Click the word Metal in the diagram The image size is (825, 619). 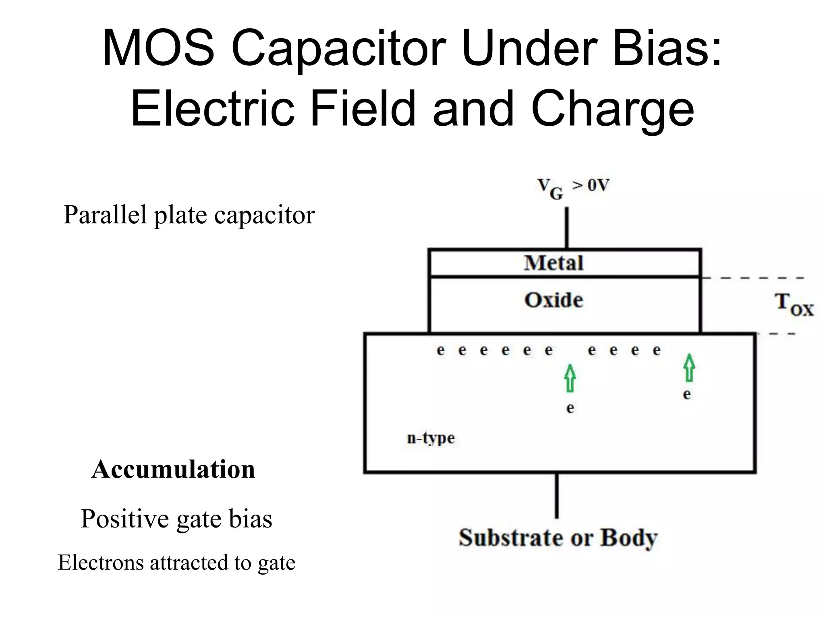553,263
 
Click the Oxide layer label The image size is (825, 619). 553,300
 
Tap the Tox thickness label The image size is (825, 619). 794,305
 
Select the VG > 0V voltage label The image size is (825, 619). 573,188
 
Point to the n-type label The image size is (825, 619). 431,438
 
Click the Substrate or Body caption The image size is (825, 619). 558,538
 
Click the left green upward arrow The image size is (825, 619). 570,378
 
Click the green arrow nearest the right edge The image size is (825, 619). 689,368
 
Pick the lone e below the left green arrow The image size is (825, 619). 570,408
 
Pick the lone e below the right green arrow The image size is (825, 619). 687,394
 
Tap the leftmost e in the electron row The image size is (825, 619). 441,350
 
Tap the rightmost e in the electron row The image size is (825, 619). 657,350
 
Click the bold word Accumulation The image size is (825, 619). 173,469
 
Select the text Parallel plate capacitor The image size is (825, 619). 189,215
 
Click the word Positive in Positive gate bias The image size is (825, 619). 125,519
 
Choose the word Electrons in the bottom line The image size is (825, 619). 101,563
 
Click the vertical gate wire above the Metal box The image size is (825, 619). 566,228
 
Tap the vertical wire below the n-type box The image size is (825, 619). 557,496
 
